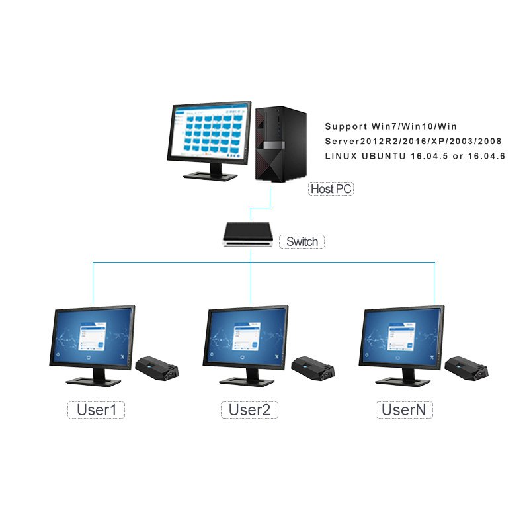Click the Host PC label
[331, 189]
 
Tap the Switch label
[302, 241]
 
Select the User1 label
[97, 409]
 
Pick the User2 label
[249, 409]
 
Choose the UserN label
[404, 409]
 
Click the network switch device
[247, 235]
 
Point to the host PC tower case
[280, 145]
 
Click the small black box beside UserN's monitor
[465, 366]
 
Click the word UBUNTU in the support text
[386, 157]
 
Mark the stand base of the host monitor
[210, 175]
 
